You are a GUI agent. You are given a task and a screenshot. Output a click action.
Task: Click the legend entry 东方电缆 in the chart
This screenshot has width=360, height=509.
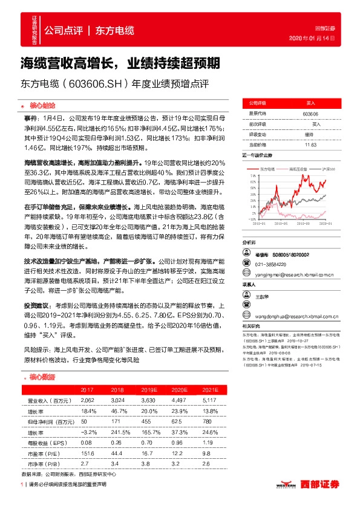pos(266,169)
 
